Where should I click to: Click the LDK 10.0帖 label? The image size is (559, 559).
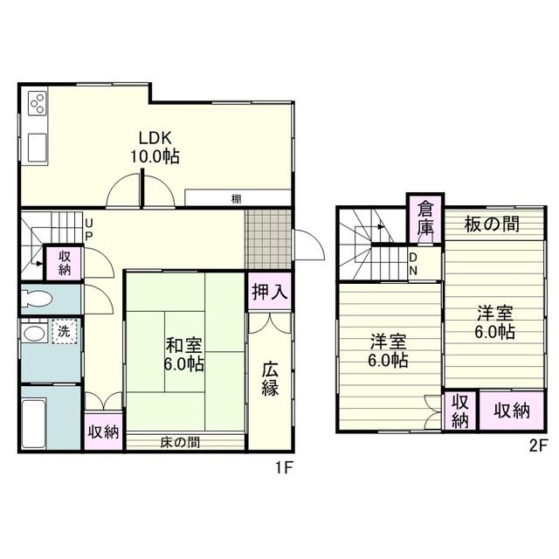155,147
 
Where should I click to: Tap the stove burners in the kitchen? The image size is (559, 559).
38,103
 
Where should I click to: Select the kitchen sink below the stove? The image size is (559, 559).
38,148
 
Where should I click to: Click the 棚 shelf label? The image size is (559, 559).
236,199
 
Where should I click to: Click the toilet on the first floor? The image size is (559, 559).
35,299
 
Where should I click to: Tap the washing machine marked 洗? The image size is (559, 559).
65,332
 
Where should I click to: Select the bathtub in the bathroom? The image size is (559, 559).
34,423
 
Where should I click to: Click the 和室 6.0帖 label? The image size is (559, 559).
184,355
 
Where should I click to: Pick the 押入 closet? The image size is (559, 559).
270,291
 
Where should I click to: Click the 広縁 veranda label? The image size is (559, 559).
270,379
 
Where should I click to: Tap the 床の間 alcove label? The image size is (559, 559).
180,443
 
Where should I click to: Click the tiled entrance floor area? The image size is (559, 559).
268,239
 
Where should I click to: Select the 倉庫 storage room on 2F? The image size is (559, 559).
425,218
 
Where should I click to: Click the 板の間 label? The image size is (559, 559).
492,224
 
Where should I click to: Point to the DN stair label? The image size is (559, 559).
413,264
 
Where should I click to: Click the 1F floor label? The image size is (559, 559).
284,468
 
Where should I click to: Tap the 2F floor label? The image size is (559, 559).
538,445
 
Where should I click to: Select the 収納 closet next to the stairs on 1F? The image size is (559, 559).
65,263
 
